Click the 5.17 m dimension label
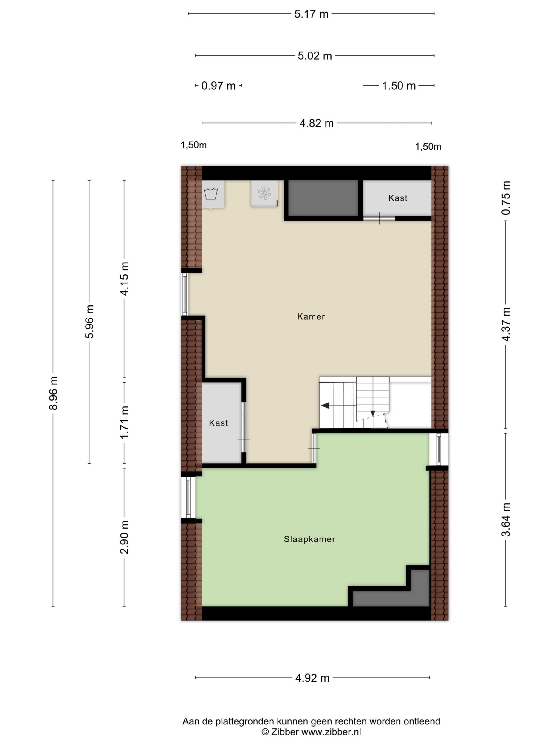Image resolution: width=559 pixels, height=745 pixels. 311,14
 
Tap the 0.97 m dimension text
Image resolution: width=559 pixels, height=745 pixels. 218,86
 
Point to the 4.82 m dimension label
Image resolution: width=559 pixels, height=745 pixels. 316,123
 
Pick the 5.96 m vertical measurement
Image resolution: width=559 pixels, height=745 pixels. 90,321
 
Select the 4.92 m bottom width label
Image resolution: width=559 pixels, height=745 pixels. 312,678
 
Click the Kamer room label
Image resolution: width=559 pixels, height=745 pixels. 311,316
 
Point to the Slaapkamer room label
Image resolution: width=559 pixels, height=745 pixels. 310,539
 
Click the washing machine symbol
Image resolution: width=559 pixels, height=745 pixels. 211,194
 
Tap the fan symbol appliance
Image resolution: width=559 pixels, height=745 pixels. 264,193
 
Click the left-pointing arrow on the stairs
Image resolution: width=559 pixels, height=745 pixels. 326,406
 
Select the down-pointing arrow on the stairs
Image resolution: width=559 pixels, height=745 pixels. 373,414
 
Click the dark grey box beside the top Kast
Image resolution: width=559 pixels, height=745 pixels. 323,198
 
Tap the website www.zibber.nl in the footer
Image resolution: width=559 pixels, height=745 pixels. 331,732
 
